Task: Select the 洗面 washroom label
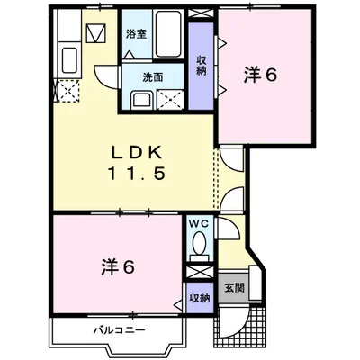pos(152,77)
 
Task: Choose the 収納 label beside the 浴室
pos(201,66)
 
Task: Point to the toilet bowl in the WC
pos(199,244)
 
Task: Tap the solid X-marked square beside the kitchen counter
pos(96,34)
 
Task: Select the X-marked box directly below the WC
pos(199,271)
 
